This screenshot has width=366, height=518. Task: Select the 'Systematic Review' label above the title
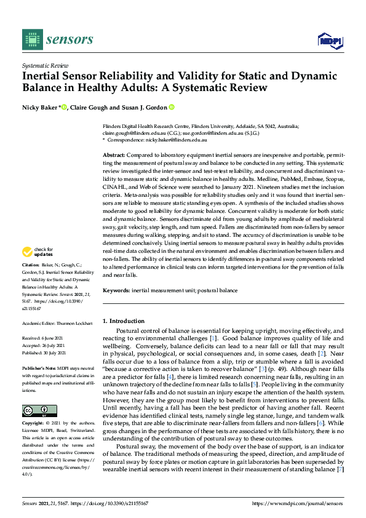pyautogui.click(x=44, y=64)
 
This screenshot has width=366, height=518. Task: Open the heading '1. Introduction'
pyautogui.click(x=124, y=321)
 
